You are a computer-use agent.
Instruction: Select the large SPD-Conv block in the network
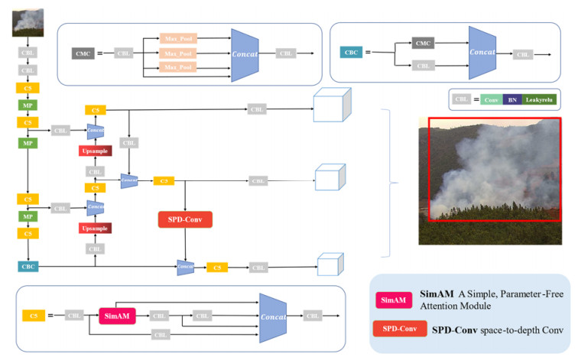coord(184,220)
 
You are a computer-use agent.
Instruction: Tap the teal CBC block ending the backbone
coord(28,267)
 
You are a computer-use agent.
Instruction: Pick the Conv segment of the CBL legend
coord(495,99)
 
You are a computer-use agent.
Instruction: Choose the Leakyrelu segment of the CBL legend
coord(539,99)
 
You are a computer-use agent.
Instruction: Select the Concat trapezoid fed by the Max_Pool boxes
coord(244,54)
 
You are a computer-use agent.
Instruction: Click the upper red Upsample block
coord(96,151)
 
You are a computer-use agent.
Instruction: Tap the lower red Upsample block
coord(96,228)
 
